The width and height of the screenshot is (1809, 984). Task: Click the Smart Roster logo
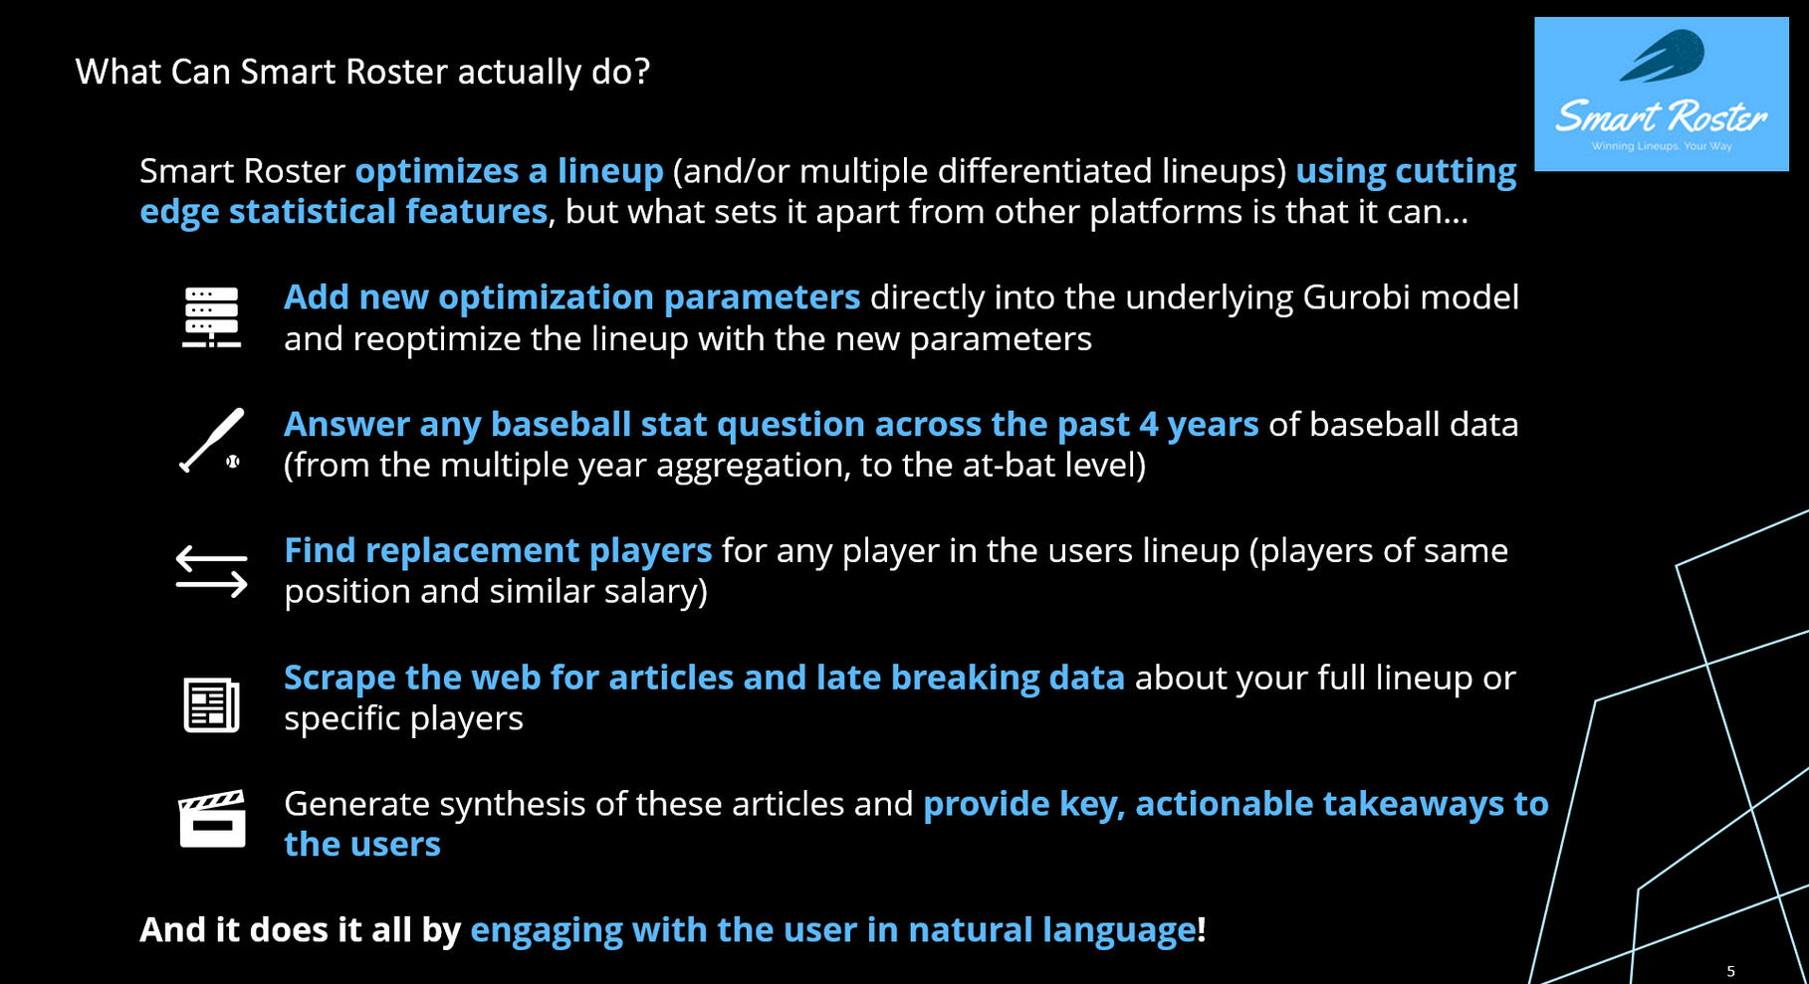click(1661, 94)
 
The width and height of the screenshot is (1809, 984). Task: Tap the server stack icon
click(211, 317)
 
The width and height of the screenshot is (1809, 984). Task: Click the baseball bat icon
click(212, 440)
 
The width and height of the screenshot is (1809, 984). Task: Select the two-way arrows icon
click(211, 571)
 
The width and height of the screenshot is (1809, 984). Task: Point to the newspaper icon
click(211, 704)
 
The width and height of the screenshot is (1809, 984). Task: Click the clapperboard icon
click(212, 818)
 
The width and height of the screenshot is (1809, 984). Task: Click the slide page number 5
click(1730, 971)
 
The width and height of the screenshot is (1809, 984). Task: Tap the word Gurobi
click(1356, 297)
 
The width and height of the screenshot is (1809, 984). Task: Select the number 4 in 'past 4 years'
click(1148, 425)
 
